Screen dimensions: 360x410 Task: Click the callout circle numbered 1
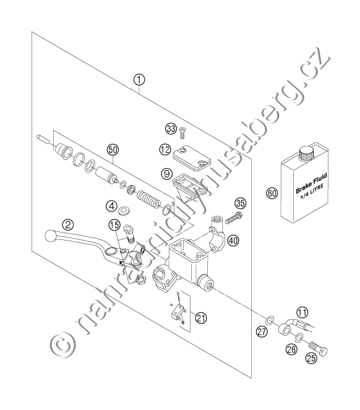[139, 80]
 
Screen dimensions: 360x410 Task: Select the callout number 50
[113, 150]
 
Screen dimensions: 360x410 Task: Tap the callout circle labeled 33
[171, 129]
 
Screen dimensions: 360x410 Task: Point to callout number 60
[272, 193]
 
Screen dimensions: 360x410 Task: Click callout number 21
[200, 318]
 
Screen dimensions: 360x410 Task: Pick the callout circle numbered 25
[311, 358]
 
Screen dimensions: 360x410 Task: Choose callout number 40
[233, 240]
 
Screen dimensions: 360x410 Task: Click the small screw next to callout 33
[182, 132]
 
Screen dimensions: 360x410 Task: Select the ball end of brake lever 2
[50, 236]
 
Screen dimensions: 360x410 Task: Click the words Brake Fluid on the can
[311, 183]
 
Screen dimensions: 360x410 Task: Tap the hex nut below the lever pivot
[141, 280]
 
